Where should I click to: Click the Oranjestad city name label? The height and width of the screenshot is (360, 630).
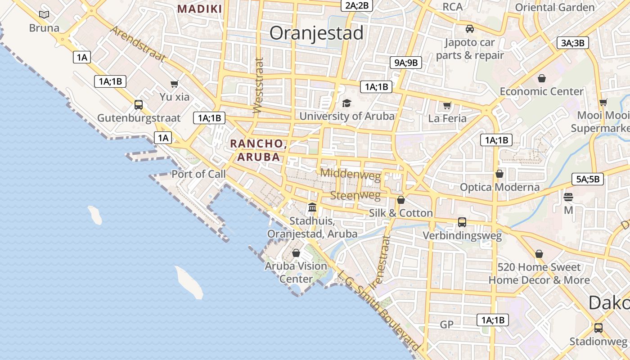tap(316, 33)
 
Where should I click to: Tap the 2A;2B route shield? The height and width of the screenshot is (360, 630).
tap(357, 5)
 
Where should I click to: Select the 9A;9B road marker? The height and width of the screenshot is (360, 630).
tap(405, 63)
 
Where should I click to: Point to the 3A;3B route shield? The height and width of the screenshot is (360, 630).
tap(572, 43)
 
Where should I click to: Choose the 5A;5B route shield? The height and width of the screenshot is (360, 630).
tap(587, 179)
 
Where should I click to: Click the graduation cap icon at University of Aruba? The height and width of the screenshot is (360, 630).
tap(346, 103)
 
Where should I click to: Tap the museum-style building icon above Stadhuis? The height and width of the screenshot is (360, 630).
tap(312, 207)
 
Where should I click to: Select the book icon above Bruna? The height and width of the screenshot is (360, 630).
tap(44, 15)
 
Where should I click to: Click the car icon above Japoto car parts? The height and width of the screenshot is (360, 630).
tap(470, 29)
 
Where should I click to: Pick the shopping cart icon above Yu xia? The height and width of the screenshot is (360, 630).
tap(175, 84)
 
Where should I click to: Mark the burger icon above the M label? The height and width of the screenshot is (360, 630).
tap(568, 197)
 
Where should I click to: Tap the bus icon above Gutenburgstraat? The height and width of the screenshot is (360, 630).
tap(139, 105)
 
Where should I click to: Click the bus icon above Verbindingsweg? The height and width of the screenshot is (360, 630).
tap(462, 222)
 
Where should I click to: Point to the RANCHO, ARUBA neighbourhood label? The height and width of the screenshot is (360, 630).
tap(258, 150)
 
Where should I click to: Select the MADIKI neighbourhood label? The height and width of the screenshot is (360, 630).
tap(199, 9)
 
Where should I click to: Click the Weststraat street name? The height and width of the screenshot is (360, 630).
tap(258, 85)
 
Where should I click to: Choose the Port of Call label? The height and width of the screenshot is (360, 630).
tap(198, 174)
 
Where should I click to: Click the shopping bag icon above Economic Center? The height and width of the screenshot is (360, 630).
tap(541, 78)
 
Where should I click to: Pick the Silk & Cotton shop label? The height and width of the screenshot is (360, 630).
tap(400, 213)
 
